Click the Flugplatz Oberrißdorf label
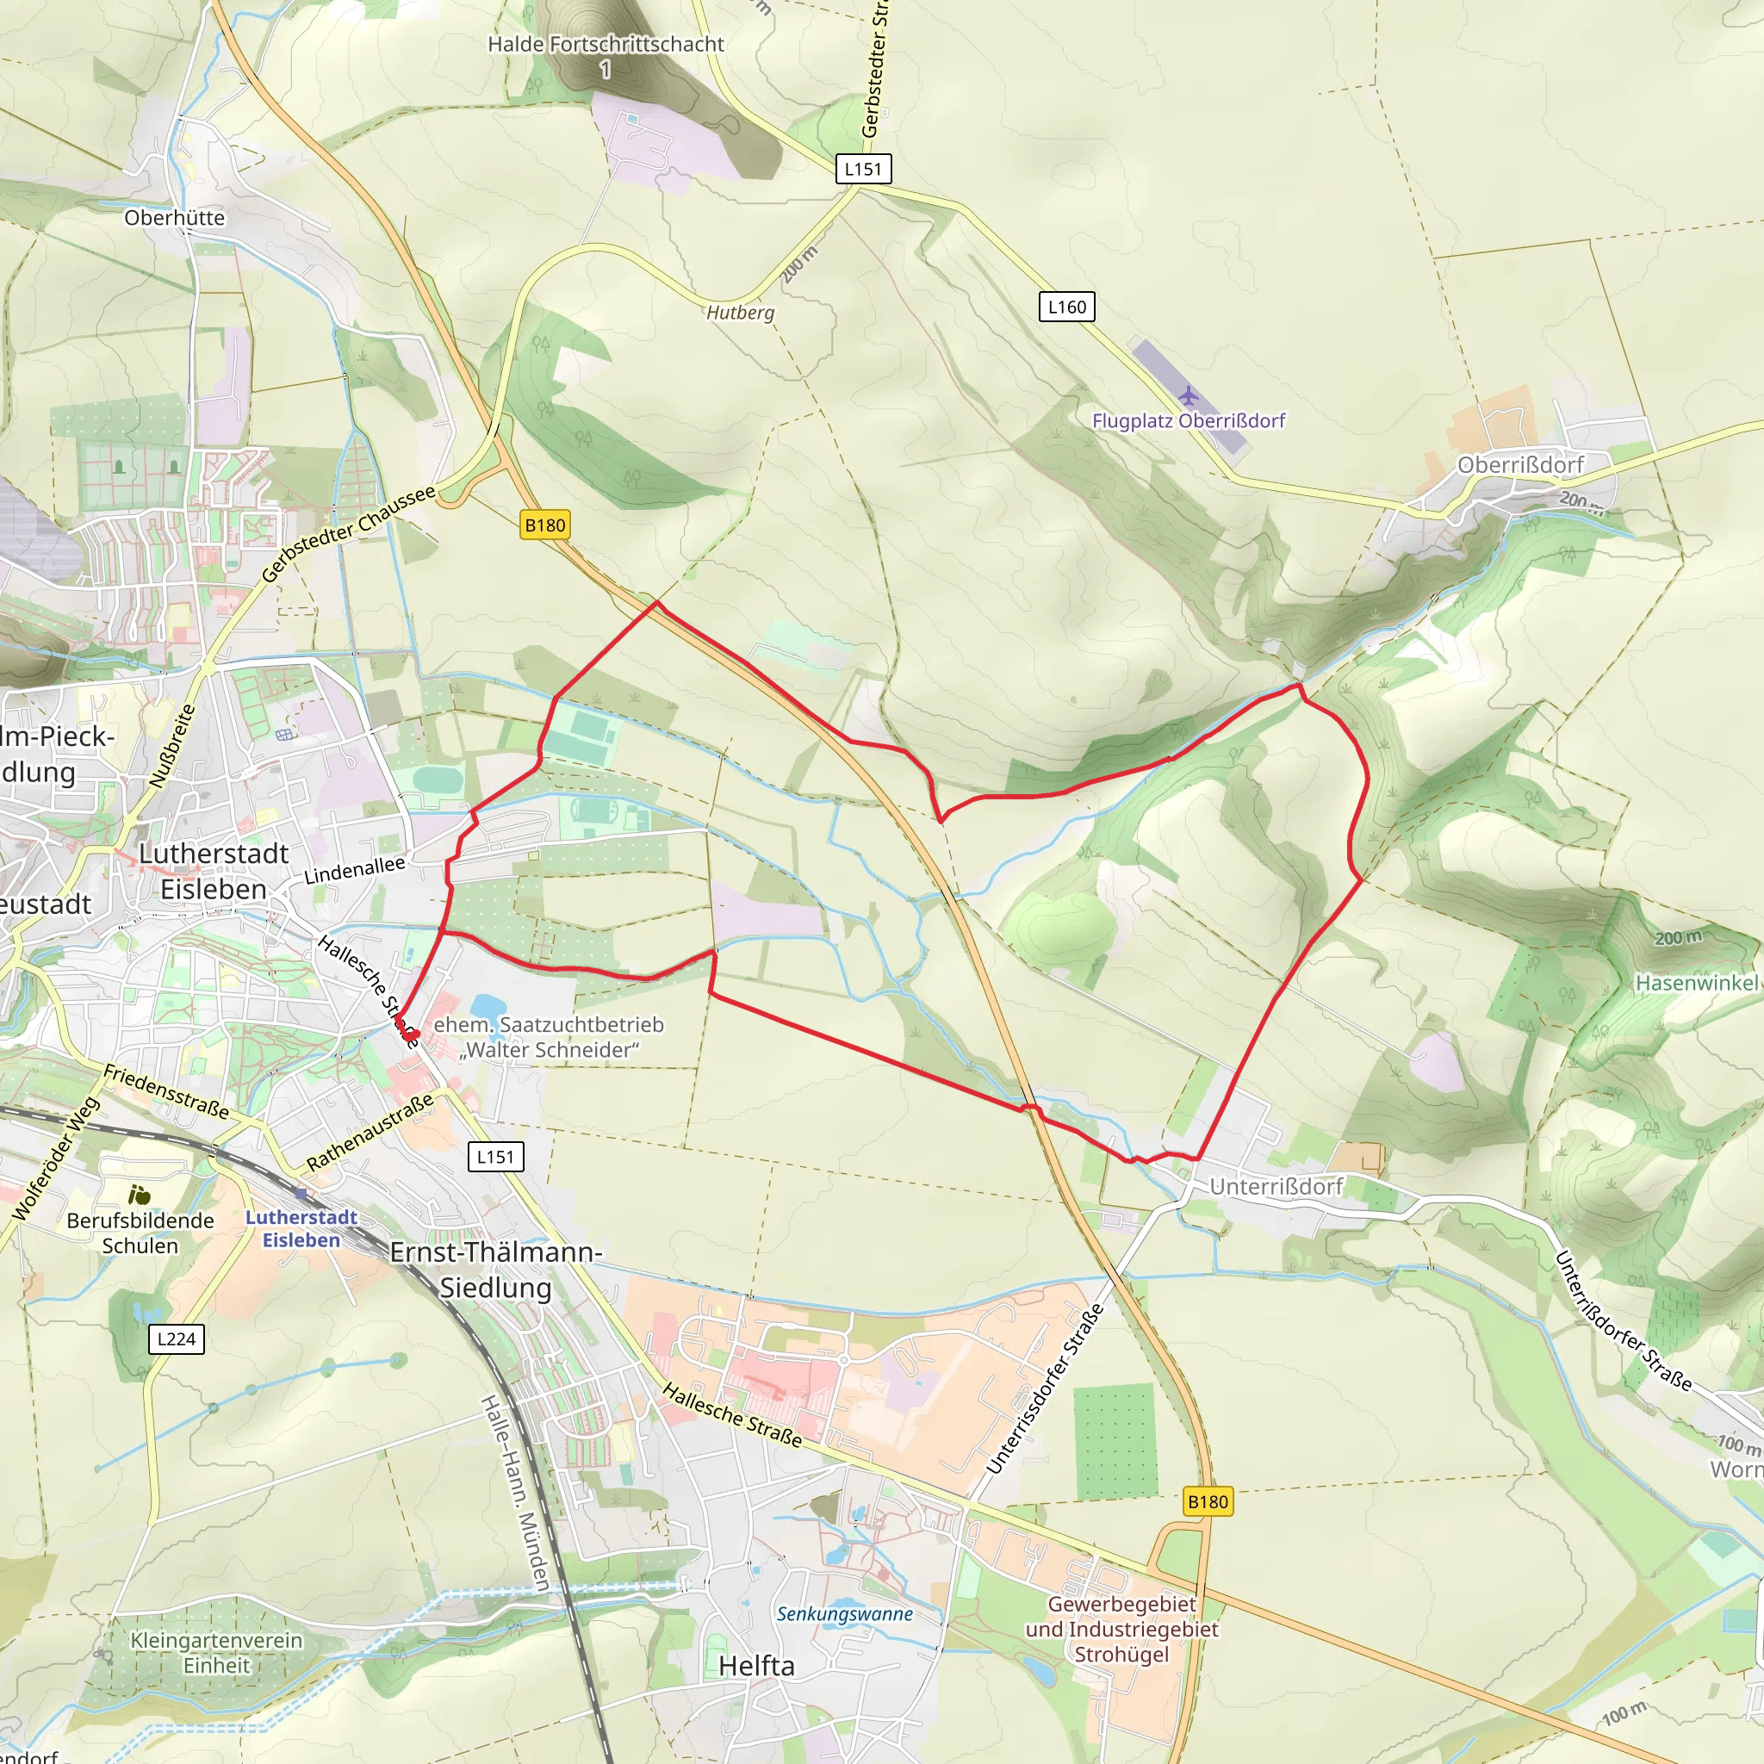pyautogui.click(x=1188, y=421)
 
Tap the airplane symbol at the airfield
pyautogui.click(x=1187, y=396)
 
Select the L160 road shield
pyautogui.click(x=1066, y=307)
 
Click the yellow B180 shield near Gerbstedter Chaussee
pyautogui.click(x=545, y=525)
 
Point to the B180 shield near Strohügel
pyautogui.click(x=1207, y=1502)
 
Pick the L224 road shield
pyautogui.click(x=177, y=1339)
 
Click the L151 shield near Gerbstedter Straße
pyautogui.click(x=863, y=169)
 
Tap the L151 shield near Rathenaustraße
pyautogui.click(x=496, y=1157)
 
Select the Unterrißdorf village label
pyautogui.click(x=1276, y=1186)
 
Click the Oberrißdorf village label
pyautogui.click(x=1520, y=465)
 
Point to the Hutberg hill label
pyautogui.click(x=741, y=313)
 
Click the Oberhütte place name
pyautogui.click(x=174, y=217)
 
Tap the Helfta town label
pyautogui.click(x=756, y=1667)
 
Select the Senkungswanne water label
pyautogui.click(x=845, y=1614)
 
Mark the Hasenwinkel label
pyautogui.click(x=1698, y=984)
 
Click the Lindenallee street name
pyautogui.click(x=354, y=870)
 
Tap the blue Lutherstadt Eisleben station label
pyautogui.click(x=301, y=1228)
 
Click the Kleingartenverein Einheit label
pyautogui.click(x=216, y=1653)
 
